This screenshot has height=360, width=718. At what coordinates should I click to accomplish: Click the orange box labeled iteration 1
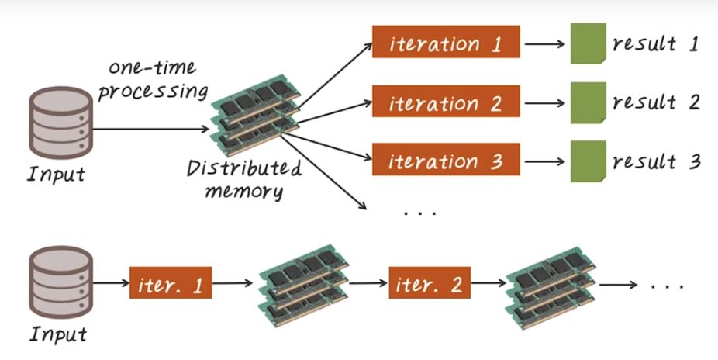(445, 43)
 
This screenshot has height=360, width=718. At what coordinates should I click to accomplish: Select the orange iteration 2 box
(445, 102)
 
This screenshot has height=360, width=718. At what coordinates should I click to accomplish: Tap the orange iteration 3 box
(445, 161)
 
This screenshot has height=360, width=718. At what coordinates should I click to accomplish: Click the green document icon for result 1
(588, 44)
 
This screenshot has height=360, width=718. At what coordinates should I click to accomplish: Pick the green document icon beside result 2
(588, 102)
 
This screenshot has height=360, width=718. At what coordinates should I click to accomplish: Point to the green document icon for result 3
(588, 161)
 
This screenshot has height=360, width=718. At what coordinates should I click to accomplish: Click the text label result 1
(655, 44)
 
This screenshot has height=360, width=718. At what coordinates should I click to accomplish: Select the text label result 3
(656, 161)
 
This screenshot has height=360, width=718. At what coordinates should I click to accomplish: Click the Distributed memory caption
(243, 178)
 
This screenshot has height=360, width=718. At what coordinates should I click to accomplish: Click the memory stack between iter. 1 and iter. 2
(303, 285)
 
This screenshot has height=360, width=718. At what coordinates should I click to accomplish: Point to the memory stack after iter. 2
(550, 285)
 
